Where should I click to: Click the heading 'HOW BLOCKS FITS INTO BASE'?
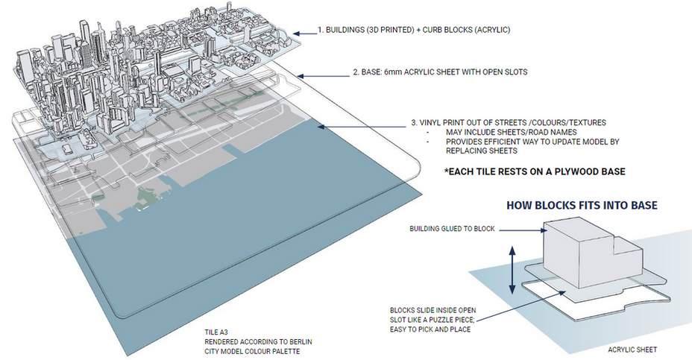582,205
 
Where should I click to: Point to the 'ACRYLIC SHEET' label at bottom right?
632,348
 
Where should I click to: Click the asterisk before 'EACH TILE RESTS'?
446,171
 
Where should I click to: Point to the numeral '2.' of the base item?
356,74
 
